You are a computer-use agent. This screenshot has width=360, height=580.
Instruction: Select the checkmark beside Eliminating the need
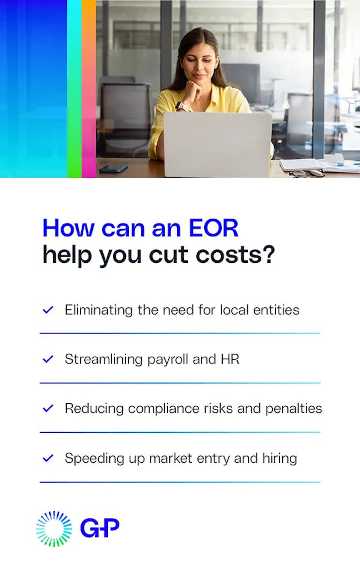(x=48, y=310)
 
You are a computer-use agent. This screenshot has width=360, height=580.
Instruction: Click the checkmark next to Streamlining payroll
(x=48, y=359)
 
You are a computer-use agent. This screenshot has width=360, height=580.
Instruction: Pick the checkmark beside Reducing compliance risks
(x=48, y=409)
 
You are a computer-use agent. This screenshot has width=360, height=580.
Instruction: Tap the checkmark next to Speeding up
(x=48, y=458)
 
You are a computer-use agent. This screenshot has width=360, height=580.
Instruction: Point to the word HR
(x=230, y=359)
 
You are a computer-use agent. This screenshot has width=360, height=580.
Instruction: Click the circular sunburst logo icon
(x=54, y=529)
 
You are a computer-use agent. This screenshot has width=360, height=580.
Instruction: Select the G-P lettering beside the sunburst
(x=100, y=528)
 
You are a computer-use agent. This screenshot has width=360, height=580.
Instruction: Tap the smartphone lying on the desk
(x=114, y=168)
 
